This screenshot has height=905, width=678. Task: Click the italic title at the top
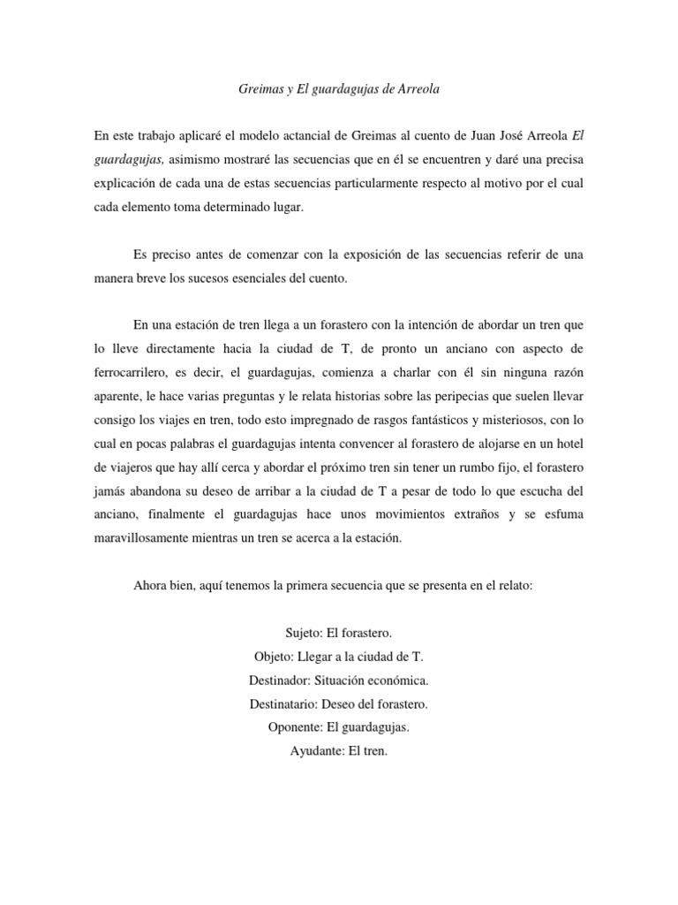point(340,90)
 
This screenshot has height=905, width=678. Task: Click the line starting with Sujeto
point(339,634)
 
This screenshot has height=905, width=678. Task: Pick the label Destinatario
point(289,704)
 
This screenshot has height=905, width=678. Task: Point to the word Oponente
point(296,727)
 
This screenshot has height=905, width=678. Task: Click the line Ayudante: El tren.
point(339,751)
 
